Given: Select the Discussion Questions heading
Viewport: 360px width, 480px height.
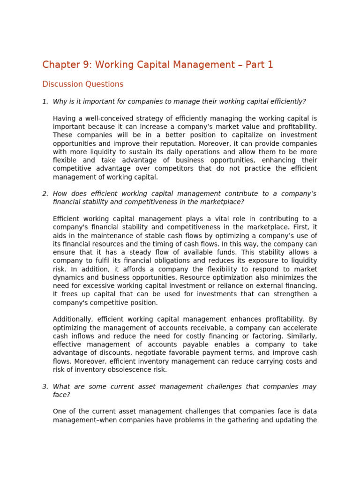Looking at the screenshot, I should pos(82,84).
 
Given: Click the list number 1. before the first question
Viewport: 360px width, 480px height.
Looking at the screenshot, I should pos(45,102).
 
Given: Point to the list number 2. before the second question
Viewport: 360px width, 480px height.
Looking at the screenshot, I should pos(45,194).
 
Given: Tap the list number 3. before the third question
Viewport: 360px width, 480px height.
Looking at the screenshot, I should pos(45,387).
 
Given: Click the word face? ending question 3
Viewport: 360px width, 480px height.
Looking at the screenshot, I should pos(61,395).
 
